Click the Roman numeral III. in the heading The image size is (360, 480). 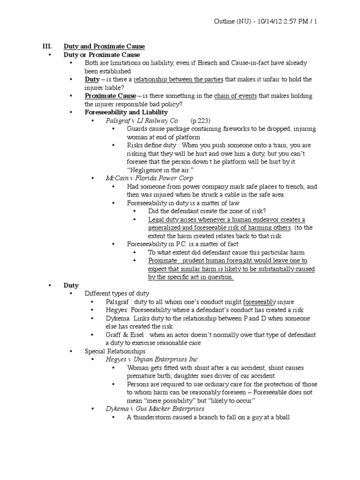pyautogui.click(x=47, y=46)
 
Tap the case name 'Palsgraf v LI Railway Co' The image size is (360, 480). pyautogui.click(x=142, y=120)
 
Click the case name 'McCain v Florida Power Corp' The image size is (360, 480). pyautogui.click(x=149, y=178)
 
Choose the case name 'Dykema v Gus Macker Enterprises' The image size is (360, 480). pyautogui.click(x=152, y=409)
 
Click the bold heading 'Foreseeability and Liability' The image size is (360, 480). pyautogui.click(x=126, y=112)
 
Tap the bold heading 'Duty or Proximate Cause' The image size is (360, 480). pyautogui.click(x=102, y=55)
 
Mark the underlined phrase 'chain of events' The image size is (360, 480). pyautogui.click(x=235, y=96)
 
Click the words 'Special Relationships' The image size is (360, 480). pyautogui.click(x=115, y=351)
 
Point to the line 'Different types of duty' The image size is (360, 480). pyautogui.click(x=117, y=293)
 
